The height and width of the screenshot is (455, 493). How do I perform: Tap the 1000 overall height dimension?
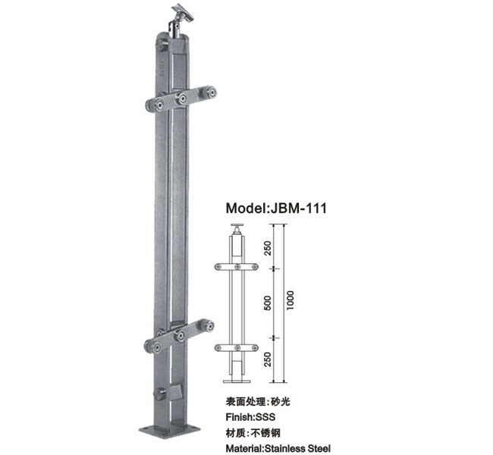[290, 300]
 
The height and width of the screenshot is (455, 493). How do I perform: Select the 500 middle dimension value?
[267, 303]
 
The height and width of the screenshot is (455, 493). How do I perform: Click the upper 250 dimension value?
[267, 248]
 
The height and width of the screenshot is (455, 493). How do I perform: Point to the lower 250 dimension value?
[267, 359]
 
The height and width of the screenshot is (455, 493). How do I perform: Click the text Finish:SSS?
[250, 417]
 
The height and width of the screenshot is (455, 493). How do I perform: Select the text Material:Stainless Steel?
[278, 448]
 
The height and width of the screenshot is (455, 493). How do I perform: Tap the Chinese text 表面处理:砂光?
[258, 402]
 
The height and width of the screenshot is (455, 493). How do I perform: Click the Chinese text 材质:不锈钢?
[253, 433]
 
